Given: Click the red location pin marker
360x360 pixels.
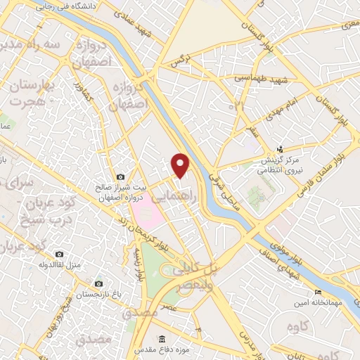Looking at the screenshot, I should [181, 165].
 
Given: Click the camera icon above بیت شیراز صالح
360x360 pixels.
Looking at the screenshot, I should [120, 176].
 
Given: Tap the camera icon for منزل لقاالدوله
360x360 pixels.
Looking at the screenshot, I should [59, 253].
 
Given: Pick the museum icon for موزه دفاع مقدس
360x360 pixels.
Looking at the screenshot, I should [163, 339].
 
